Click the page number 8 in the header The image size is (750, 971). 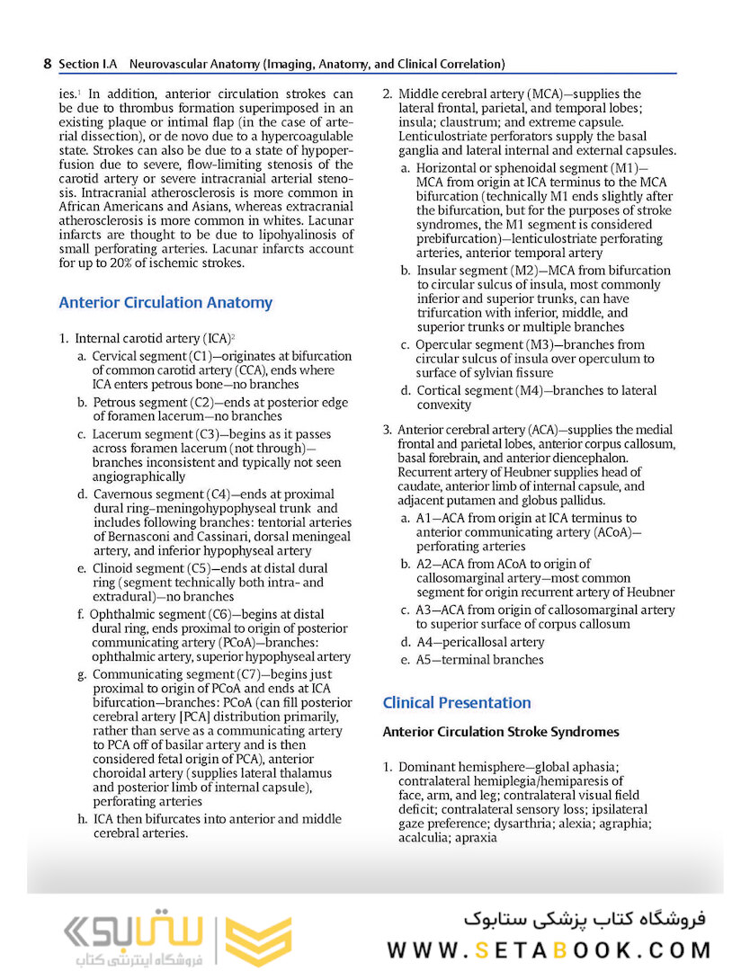tap(47, 64)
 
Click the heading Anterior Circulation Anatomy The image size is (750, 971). tap(165, 303)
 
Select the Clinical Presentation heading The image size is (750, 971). tap(457, 702)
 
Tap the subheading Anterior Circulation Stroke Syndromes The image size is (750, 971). tap(501, 732)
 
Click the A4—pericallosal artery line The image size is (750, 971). tap(480, 642)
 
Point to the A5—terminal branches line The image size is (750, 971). tap(480, 660)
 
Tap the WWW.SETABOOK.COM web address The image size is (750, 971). tap(549, 950)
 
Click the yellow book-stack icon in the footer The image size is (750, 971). tap(257, 941)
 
